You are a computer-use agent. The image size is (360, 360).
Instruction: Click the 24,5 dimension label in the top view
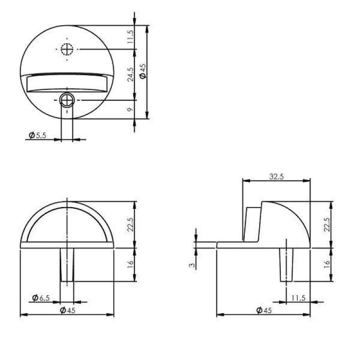(130, 75)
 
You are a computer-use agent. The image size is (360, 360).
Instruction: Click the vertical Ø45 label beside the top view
(143, 71)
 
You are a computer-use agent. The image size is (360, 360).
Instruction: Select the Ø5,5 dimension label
(37, 135)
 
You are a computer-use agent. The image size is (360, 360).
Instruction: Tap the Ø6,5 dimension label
(41, 298)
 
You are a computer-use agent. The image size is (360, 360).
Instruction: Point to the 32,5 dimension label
(276, 176)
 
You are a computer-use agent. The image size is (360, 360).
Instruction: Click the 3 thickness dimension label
(192, 265)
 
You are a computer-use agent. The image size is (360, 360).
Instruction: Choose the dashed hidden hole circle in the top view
(67, 49)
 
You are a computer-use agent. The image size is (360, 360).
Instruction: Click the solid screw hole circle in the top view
(67, 100)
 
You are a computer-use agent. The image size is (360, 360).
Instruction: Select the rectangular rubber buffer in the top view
(67, 84)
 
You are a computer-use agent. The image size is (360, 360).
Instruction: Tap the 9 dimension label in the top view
(130, 109)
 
